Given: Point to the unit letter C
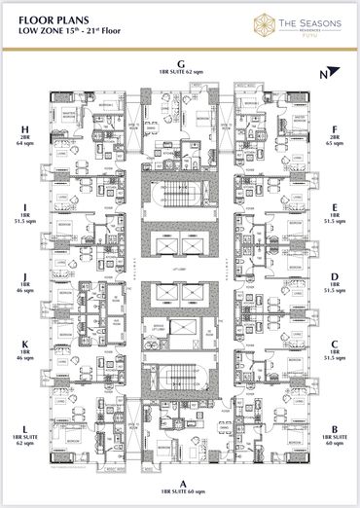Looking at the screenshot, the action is tap(334, 345).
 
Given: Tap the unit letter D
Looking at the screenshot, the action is tap(334, 275).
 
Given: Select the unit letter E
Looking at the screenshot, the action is tap(334, 206).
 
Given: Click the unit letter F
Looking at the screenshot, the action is tap(334, 127).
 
